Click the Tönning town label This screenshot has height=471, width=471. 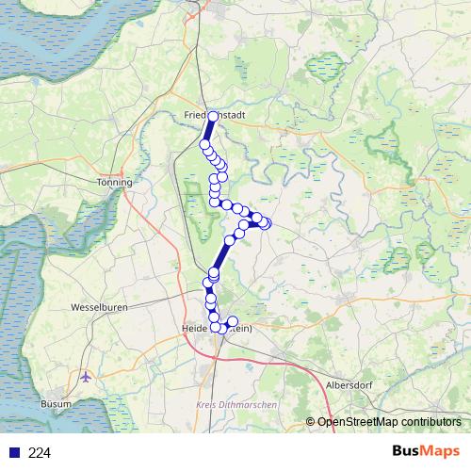(x=115, y=182)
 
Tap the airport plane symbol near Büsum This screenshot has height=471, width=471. (x=87, y=377)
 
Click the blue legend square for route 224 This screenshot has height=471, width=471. (x=13, y=453)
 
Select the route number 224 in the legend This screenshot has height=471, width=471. (x=40, y=453)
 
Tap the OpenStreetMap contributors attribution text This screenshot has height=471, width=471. (x=392, y=422)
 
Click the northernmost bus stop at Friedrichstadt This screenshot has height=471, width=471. (x=212, y=116)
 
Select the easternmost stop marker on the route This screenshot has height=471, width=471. (x=266, y=223)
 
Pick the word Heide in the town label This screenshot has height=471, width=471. (x=194, y=328)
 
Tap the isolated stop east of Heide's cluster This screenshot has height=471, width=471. (x=234, y=321)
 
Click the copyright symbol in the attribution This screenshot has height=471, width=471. (x=312, y=422)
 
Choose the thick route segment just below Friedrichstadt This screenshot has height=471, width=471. (x=208, y=131)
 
